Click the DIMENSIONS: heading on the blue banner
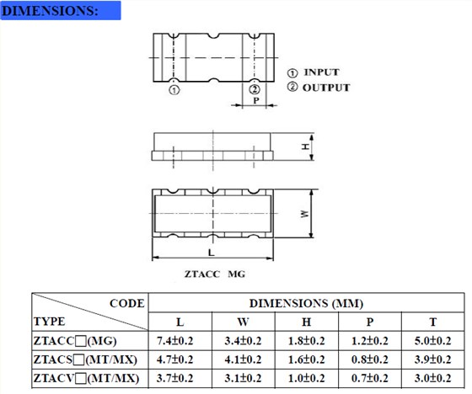[50, 11]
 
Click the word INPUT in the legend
[321, 72]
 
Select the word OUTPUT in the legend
[326, 88]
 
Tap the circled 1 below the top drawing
[174, 90]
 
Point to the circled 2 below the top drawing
[255, 89]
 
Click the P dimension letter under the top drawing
[256, 100]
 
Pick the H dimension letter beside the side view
[305, 146]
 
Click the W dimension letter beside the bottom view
[304, 214]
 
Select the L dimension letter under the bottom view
[212, 253]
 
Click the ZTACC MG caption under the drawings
[215, 274]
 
